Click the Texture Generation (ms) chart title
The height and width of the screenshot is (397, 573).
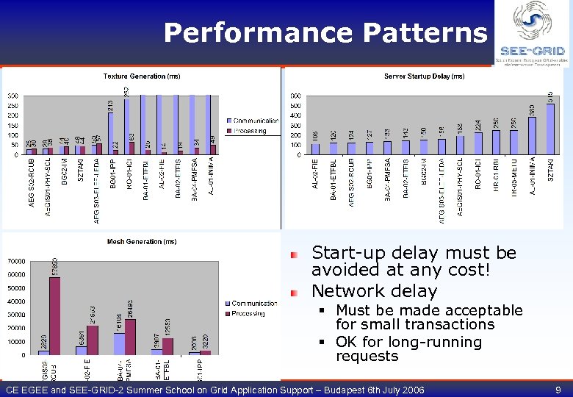(x=142, y=76)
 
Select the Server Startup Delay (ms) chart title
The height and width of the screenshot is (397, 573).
(x=424, y=76)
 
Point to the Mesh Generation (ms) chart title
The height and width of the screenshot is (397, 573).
(x=141, y=241)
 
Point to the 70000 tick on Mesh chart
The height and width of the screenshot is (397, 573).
(x=16, y=261)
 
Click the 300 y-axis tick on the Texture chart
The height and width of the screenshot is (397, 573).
(x=13, y=96)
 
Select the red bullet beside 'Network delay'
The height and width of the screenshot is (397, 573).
(x=295, y=292)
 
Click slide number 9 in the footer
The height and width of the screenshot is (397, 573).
(x=558, y=390)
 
